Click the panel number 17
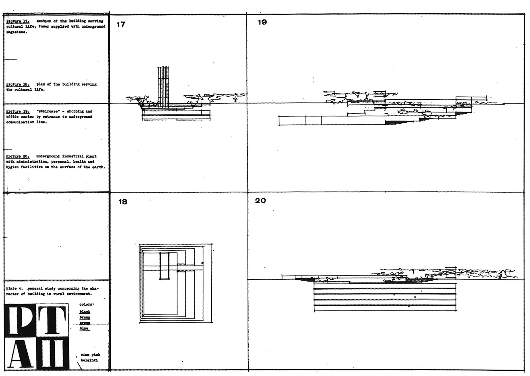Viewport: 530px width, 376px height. (121, 25)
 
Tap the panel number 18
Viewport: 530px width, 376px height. (122, 202)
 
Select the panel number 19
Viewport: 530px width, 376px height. (262, 22)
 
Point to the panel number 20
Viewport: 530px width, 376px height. (260, 200)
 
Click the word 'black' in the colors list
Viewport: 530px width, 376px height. (85, 312)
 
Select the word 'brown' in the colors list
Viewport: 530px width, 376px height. (85, 317)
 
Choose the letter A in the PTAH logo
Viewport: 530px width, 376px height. (20, 354)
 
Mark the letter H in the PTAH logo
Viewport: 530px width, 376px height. (53, 354)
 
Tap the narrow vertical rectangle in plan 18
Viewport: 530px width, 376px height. (165, 266)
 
